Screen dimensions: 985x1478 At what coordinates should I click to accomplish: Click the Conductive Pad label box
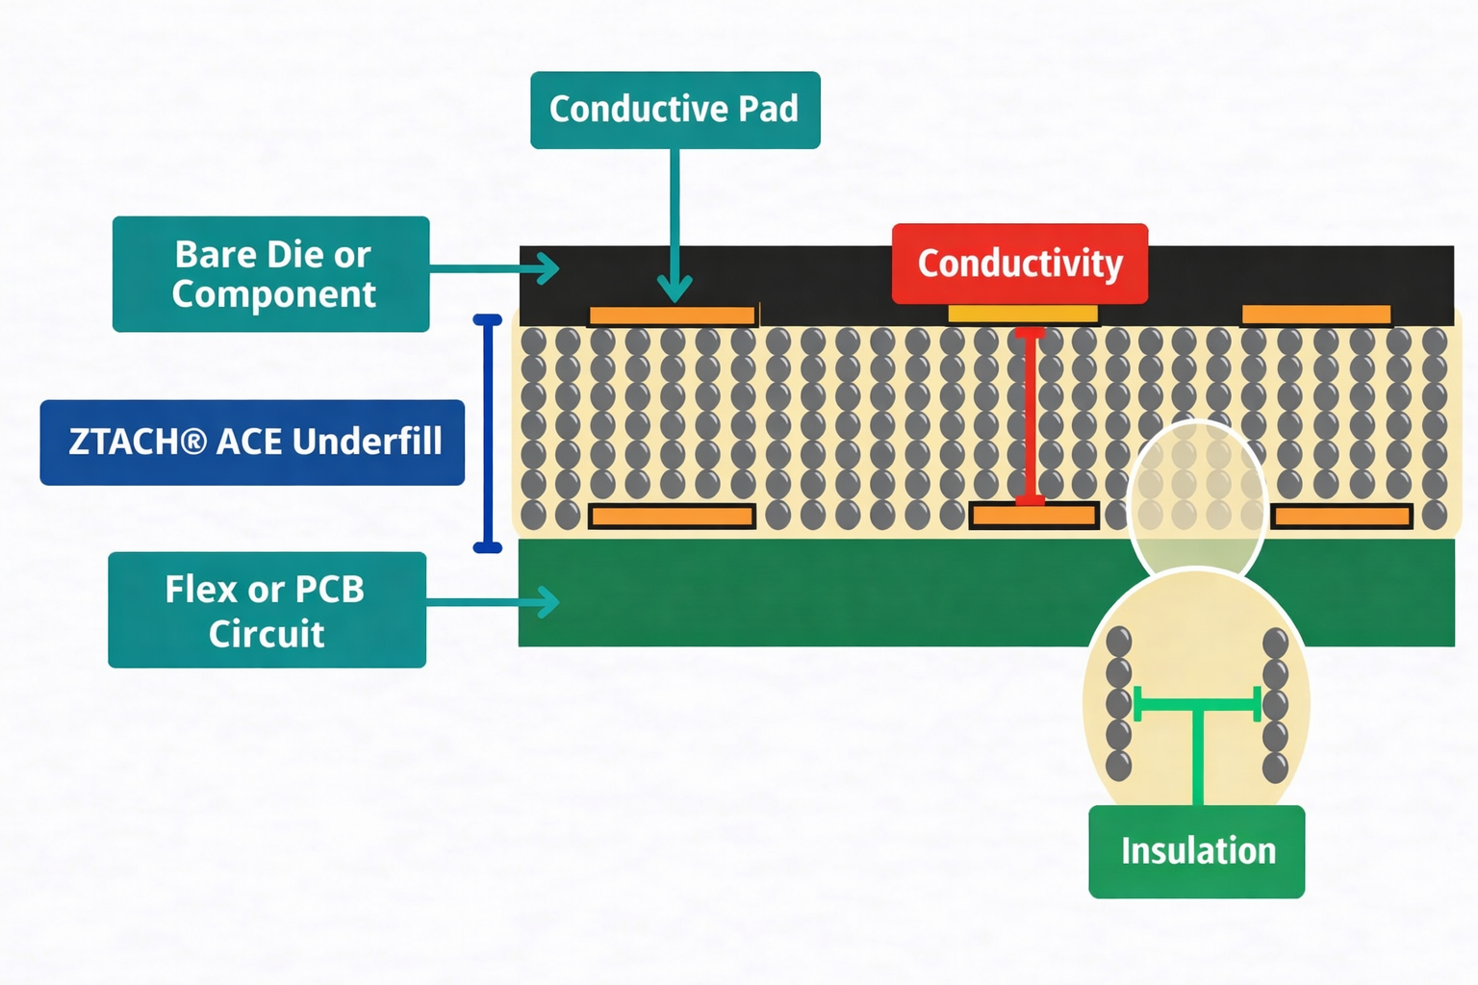click(x=675, y=110)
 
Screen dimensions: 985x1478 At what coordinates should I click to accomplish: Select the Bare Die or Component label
click(x=270, y=274)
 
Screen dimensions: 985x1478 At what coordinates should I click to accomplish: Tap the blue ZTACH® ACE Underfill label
click(x=252, y=442)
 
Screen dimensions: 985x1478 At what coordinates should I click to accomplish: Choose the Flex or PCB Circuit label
click(x=267, y=610)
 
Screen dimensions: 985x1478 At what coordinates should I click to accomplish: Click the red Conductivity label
click(x=1019, y=264)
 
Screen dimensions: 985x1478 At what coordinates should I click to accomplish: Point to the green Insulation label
click(x=1196, y=851)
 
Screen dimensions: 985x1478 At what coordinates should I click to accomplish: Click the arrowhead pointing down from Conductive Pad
click(x=675, y=288)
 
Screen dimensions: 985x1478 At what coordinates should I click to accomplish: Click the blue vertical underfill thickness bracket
click(x=488, y=433)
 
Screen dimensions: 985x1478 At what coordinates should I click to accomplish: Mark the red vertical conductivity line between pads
click(x=1030, y=414)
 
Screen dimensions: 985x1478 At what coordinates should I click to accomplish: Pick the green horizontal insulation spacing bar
click(x=1197, y=704)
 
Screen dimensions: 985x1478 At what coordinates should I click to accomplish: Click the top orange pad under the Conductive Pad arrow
click(x=672, y=316)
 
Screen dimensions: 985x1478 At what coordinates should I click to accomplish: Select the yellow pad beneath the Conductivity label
click(x=1023, y=314)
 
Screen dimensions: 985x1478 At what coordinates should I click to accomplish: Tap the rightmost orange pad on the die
click(x=1315, y=315)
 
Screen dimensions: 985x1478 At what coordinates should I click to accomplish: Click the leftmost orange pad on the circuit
click(x=672, y=517)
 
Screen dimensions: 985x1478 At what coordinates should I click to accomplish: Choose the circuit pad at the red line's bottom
click(x=1033, y=517)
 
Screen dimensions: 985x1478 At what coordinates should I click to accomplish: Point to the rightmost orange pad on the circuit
click(x=1341, y=517)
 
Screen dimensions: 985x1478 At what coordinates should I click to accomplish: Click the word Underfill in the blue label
click(x=367, y=442)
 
